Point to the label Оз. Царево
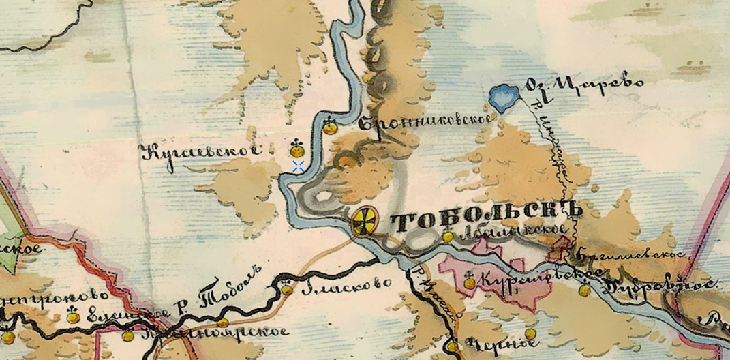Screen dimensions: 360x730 [x=583, y=85]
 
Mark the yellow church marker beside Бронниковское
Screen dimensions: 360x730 [x=331, y=126]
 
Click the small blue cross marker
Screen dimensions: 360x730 [x=298, y=166]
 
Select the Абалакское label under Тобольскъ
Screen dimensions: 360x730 [x=513, y=234]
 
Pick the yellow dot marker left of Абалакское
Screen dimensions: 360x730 [x=448, y=237]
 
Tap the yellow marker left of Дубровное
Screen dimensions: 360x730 [x=584, y=290]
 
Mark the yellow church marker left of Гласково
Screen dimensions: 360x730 [x=287, y=288]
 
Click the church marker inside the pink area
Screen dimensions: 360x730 [x=470, y=282]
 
